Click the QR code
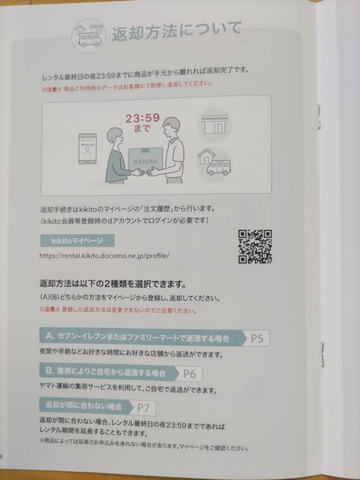(x=255, y=247)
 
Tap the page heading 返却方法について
(x=177, y=30)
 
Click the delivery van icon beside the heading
(x=89, y=36)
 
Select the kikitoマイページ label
(x=77, y=240)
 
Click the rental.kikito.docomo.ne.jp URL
(x=104, y=255)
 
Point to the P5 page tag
(x=256, y=338)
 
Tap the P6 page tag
(x=189, y=374)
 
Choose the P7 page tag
(x=143, y=408)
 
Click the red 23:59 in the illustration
(x=142, y=118)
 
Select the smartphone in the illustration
(x=88, y=149)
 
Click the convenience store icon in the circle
(x=215, y=124)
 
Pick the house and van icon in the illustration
(x=214, y=162)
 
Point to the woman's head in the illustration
(x=115, y=137)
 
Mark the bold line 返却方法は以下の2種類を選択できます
(x=112, y=284)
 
